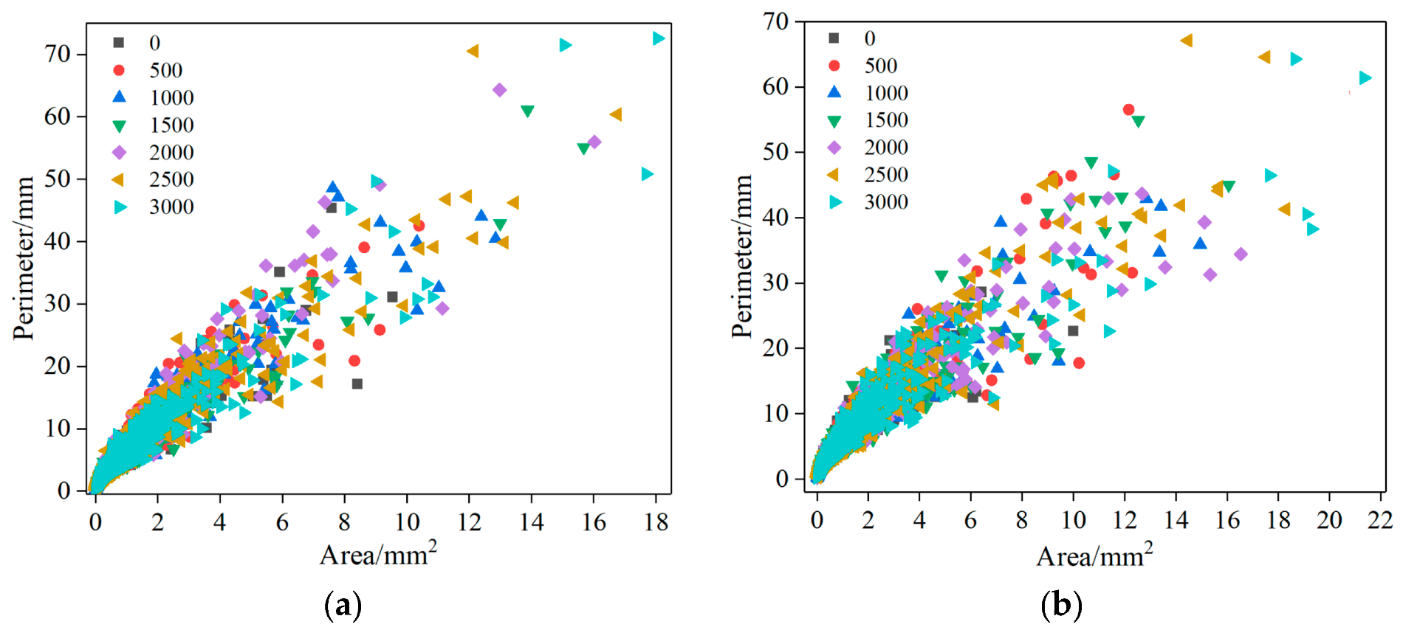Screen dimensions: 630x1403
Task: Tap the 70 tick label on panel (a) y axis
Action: click(57, 54)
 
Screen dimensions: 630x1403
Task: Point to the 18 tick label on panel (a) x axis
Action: click(656, 522)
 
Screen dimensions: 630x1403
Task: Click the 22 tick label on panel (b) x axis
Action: click(1379, 520)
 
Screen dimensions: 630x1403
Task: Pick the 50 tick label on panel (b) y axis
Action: click(775, 152)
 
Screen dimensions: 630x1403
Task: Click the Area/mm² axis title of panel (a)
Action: click(377, 554)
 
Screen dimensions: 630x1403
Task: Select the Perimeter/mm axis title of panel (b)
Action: click(741, 256)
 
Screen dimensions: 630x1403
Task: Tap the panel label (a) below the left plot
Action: click(343, 605)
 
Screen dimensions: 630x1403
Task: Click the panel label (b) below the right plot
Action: click(1060, 605)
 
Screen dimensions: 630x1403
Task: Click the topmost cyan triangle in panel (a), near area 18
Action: click(659, 38)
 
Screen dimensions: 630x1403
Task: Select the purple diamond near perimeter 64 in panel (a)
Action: click(499, 90)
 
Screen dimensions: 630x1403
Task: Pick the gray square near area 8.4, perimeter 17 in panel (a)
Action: click(357, 384)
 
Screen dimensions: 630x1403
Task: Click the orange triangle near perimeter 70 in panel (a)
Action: click(473, 51)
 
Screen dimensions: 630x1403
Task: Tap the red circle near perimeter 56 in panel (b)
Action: click(1128, 109)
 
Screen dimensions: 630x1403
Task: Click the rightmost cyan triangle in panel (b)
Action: click(1365, 77)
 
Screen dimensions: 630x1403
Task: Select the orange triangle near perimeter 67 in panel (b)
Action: click(1186, 41)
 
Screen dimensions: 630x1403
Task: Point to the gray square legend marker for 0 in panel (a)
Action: click(119, 43)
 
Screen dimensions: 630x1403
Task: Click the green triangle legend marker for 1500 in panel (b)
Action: click(834, 120)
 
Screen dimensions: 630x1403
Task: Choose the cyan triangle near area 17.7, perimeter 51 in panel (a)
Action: click(648, 174)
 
